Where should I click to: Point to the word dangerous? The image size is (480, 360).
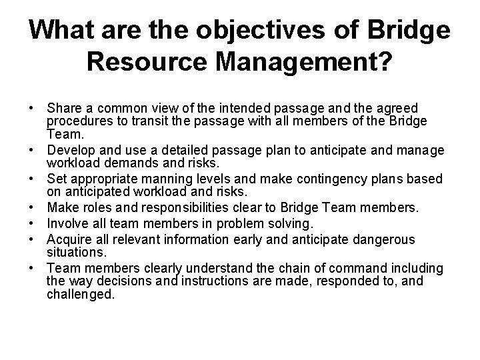pyautogui.click(x=382, y=239)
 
